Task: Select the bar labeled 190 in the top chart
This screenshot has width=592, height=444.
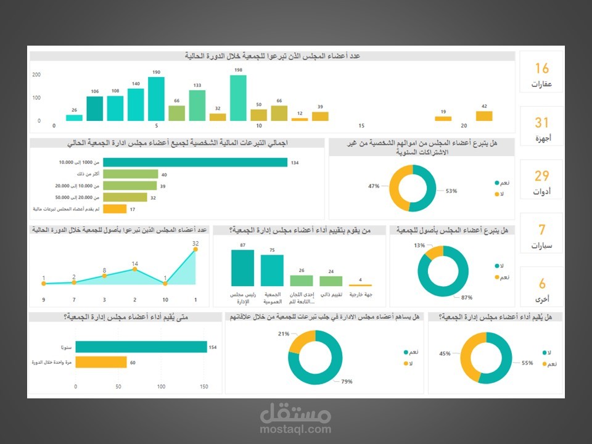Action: click(156, 99)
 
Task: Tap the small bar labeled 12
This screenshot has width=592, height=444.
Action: click(300, 119)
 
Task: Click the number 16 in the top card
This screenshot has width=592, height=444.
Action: click(541, 68)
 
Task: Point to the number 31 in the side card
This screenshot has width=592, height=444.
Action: click(541, 123)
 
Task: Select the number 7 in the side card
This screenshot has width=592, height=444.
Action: click(541, 230)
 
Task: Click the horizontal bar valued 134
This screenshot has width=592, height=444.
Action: click(195, 163)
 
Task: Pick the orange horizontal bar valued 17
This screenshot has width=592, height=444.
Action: click(115, 209)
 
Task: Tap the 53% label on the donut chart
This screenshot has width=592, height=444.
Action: click(451, 191)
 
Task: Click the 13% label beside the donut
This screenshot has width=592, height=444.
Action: click(419, 245)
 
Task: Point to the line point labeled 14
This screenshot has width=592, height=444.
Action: click(135, 270)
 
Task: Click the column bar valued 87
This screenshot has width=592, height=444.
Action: click(242, 268)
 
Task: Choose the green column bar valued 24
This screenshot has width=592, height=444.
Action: click(331, 281)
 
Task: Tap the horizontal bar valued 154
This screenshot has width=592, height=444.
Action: click(141, 347)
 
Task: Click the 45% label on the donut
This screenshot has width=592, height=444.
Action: click(444, 354)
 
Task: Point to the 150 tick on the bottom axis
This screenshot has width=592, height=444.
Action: click(203, 387)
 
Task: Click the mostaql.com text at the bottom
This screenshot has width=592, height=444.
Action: click(295, 430)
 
